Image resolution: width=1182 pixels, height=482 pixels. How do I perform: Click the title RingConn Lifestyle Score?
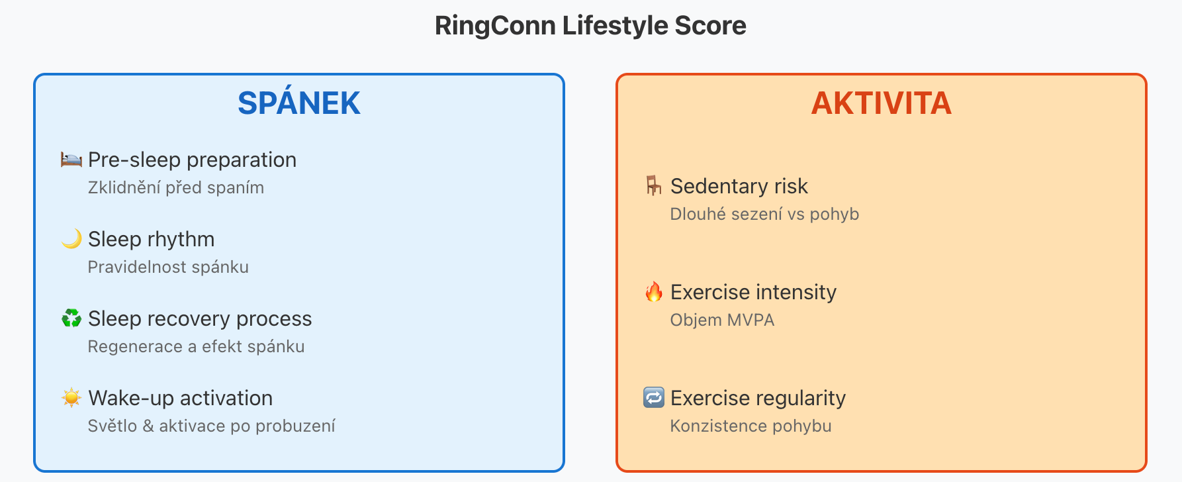(590, 26)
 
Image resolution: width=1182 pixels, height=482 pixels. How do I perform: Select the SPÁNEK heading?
(299, 103)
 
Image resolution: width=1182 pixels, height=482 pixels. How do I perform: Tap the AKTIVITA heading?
(882, 103)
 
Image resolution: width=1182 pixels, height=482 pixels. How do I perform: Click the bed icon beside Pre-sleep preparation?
(71, 160)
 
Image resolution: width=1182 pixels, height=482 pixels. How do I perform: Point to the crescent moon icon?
(71, 239)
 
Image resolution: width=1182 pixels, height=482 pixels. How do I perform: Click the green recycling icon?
(71, 318)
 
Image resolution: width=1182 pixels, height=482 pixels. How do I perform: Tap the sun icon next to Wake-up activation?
(71, 398)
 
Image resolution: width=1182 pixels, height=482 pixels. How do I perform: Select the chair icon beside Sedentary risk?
(654, 186)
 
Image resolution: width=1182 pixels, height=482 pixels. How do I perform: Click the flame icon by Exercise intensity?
(654, 292)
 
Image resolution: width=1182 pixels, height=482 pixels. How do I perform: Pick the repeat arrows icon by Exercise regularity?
(654, 398)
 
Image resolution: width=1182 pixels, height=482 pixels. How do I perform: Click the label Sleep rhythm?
(152, 239)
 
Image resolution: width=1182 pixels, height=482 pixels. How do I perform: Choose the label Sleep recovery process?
(200, 319)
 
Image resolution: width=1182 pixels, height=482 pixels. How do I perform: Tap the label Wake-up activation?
(181, 399)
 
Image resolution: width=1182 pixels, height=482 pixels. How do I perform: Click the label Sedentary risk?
(739, 187)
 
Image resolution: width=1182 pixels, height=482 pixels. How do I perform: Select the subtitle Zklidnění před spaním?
(176, 188)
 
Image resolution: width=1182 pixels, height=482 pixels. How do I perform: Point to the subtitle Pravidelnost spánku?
(168, 267)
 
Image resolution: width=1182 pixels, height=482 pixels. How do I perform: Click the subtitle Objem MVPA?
(722, 320)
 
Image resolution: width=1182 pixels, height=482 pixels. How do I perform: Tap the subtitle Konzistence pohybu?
(750, 426)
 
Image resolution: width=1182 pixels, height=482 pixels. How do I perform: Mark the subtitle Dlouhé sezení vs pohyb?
(764, 214)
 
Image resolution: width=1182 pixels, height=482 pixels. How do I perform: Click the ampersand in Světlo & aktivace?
(148, 426)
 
